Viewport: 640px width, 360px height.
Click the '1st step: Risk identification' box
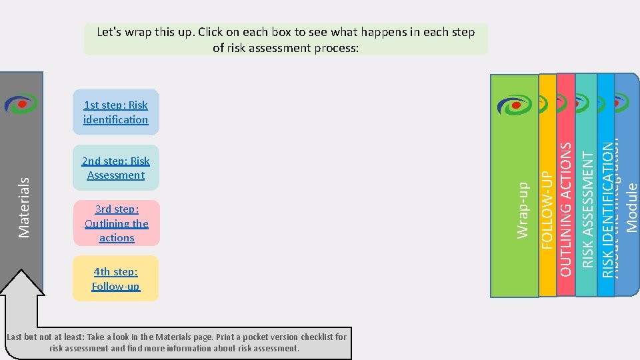coord(116,112)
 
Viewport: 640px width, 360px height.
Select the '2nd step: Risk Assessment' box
coord(116,168)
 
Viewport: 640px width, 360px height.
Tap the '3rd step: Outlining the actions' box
coord(117,223)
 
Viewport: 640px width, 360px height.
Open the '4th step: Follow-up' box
coord(116,279)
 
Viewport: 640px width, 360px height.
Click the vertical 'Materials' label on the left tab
coord(24,207)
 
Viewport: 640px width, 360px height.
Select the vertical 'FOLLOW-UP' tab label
coord(547,209)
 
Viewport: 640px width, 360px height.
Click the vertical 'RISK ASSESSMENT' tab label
coord(587,208)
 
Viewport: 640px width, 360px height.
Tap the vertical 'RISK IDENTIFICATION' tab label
coord(607,207)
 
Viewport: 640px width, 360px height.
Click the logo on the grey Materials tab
coord(21,104)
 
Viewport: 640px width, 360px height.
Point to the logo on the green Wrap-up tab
coord(514,105)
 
